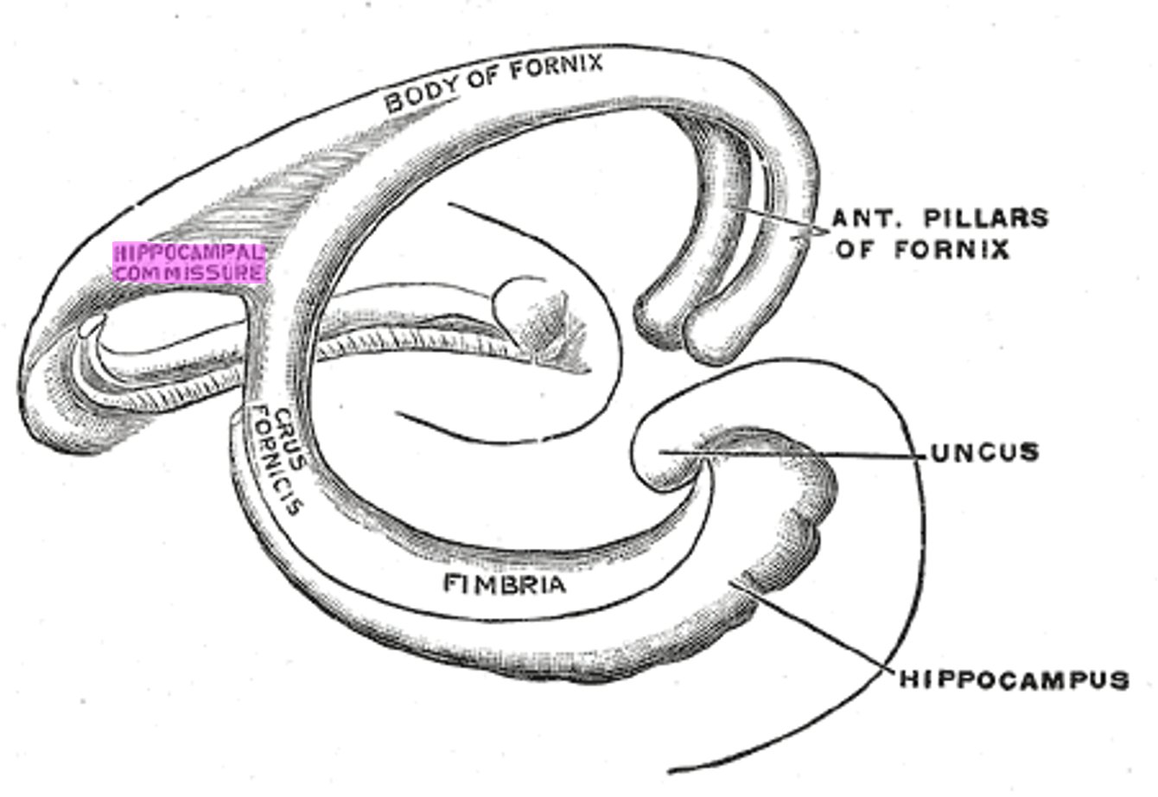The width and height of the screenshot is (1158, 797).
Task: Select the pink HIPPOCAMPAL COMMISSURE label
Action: (189, 263)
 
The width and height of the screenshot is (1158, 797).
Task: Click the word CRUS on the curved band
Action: (288, 424)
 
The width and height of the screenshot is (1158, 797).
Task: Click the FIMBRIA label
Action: (506, 585)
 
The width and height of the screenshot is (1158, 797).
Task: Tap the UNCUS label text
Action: (984, 452)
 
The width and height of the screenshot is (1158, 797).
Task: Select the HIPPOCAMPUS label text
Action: (1015, 680)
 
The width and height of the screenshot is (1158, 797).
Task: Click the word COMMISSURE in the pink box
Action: (189, 273)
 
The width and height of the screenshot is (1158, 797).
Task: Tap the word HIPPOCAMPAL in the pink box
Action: (189, 253)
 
